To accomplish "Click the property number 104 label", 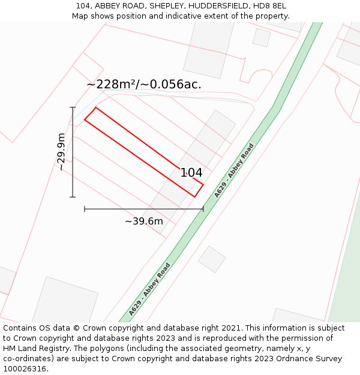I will click(191, 173).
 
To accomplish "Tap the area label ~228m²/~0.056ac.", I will click(144, 85).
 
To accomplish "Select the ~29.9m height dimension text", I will click(61, 152).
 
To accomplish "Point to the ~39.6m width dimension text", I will click(144, 221).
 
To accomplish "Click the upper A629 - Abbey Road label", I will click(234, 170).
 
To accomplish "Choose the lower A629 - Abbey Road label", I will click(149, 289).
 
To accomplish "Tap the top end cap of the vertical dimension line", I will click(73, 107).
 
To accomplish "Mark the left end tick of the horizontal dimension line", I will click(85, 209).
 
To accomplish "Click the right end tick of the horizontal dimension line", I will click(203, 209).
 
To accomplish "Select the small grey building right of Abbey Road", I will click(212, 259).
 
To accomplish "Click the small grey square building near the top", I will click(262, 37).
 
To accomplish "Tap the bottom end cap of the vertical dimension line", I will click(73, 197).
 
